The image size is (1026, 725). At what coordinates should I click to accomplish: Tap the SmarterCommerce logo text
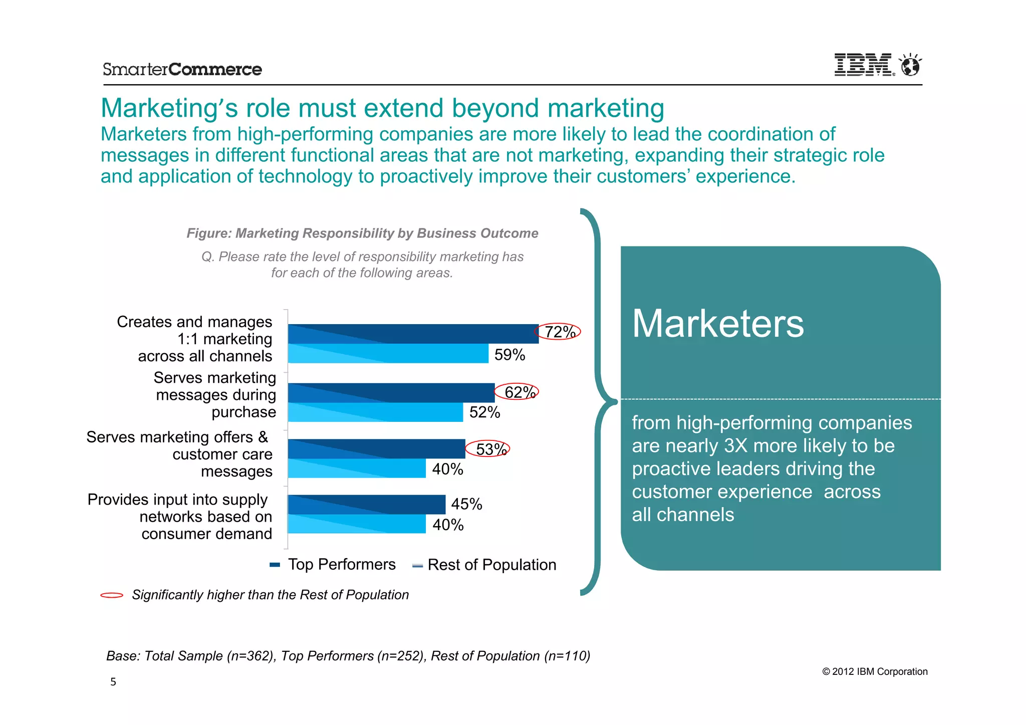point(182,69)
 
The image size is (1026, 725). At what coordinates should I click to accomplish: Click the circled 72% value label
point(559,332)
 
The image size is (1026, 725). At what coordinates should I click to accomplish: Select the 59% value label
point(509,355)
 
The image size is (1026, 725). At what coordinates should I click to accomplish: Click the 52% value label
point(484,412)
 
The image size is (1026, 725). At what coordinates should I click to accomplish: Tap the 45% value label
point(466,504)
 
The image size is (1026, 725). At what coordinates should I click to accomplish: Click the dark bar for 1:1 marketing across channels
point(413,334)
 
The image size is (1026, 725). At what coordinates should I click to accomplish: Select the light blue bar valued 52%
point(376,412)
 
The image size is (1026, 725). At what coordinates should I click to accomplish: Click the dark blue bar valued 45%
point(367,505)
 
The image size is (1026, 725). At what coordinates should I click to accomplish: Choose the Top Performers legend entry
point(333,565)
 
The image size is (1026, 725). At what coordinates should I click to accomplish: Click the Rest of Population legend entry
point(484,565)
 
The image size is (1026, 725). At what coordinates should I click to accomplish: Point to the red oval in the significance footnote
point(112,595)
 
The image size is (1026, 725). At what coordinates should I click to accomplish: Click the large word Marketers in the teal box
point(717,324)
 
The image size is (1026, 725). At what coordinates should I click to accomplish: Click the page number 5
point(113,682)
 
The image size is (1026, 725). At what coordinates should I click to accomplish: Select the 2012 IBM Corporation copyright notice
point(875,672)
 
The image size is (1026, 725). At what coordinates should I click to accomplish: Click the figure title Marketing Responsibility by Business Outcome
point(362,233)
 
